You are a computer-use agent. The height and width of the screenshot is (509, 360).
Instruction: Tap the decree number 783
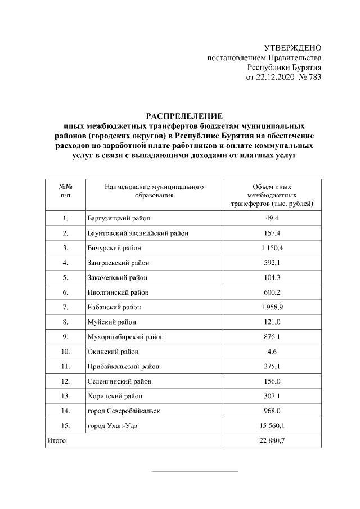[x=314, y=78]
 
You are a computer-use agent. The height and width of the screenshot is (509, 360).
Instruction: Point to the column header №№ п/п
[x=66, y=191]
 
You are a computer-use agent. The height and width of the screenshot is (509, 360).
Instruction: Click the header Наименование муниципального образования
[x=154, y=191]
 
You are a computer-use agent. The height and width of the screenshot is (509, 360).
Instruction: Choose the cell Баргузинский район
[x=119, y=218]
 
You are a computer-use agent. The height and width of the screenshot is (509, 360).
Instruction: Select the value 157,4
[x=272, y=233]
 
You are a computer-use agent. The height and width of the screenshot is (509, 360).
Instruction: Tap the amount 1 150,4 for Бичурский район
[x=272, y=247]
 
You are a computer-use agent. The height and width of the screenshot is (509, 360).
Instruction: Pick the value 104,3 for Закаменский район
[x=272, y=277]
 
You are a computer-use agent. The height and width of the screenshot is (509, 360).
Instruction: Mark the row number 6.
[x=66, y=292]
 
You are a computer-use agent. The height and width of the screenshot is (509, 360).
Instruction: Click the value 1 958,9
[x=272, y=307]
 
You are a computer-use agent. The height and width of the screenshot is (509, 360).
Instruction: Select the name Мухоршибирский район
[x=125, y=337]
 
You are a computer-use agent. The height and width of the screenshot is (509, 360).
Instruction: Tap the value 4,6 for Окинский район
[x=272, y=352]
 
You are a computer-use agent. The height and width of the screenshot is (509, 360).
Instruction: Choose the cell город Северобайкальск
[x=123, y=411]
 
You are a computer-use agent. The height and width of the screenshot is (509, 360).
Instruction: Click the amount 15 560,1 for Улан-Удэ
[x=272, y=426]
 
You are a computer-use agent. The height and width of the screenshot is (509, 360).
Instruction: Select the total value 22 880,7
[x=272, y=440]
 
